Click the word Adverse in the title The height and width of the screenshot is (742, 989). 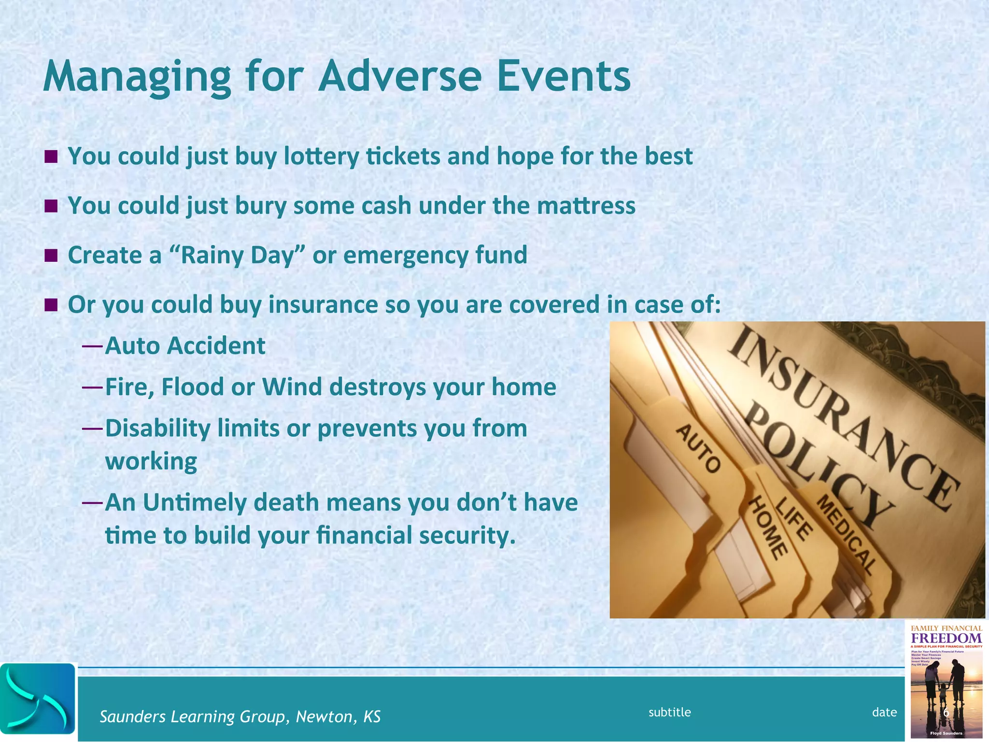pyautogui.click(x=400, y=76)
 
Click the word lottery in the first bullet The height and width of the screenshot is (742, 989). pyautogui.click(x=321, y=156)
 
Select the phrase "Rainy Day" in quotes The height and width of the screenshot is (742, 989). pyautogui.click(x=238, y=255)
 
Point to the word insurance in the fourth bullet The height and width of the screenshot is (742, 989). pyautogui.click(x=323, y=304)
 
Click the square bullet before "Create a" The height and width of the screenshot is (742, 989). pyautogui.click(x=51, y=255)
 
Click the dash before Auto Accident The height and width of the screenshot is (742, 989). pyautogui.click(x=92, y=346)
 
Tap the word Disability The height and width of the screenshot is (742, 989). pyautogui.click(x=157, y=428)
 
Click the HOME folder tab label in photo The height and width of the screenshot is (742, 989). pyautogui.click(x=768, y=529)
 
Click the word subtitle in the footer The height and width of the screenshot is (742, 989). pyautogui.click(x=669, y=712)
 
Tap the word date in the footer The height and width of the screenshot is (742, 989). pyautogui.click(x=884, y=712)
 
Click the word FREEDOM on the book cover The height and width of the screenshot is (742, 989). pyautogui.click(x=946, y=638)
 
